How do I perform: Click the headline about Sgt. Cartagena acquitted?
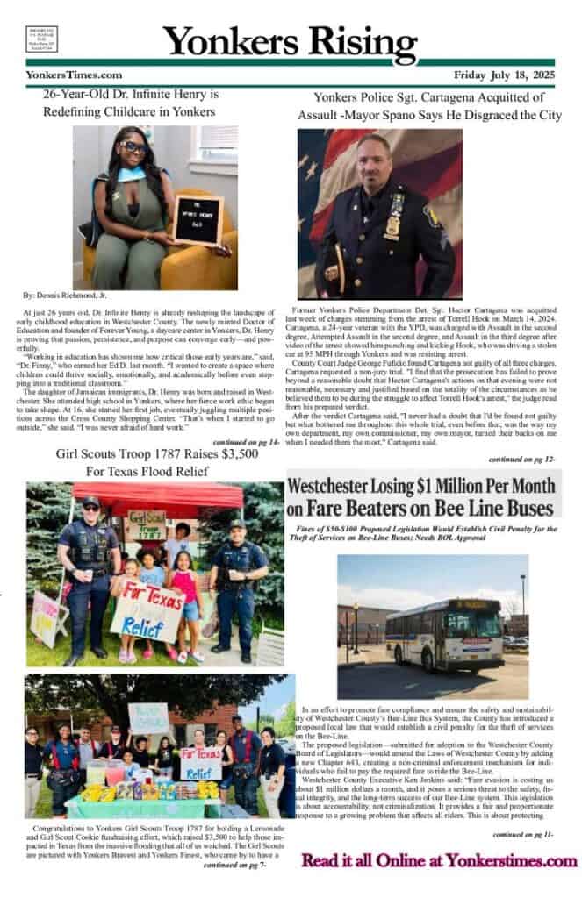428,106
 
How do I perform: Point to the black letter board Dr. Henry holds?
199,220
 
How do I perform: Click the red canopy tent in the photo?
158,495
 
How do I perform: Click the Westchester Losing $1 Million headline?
423,496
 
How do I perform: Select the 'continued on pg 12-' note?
522,459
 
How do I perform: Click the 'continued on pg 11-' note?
522,833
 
